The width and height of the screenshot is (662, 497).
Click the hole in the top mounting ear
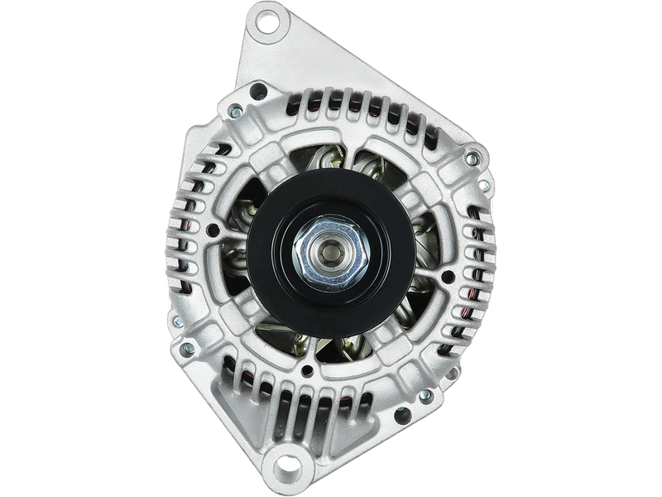click(269, 22)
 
